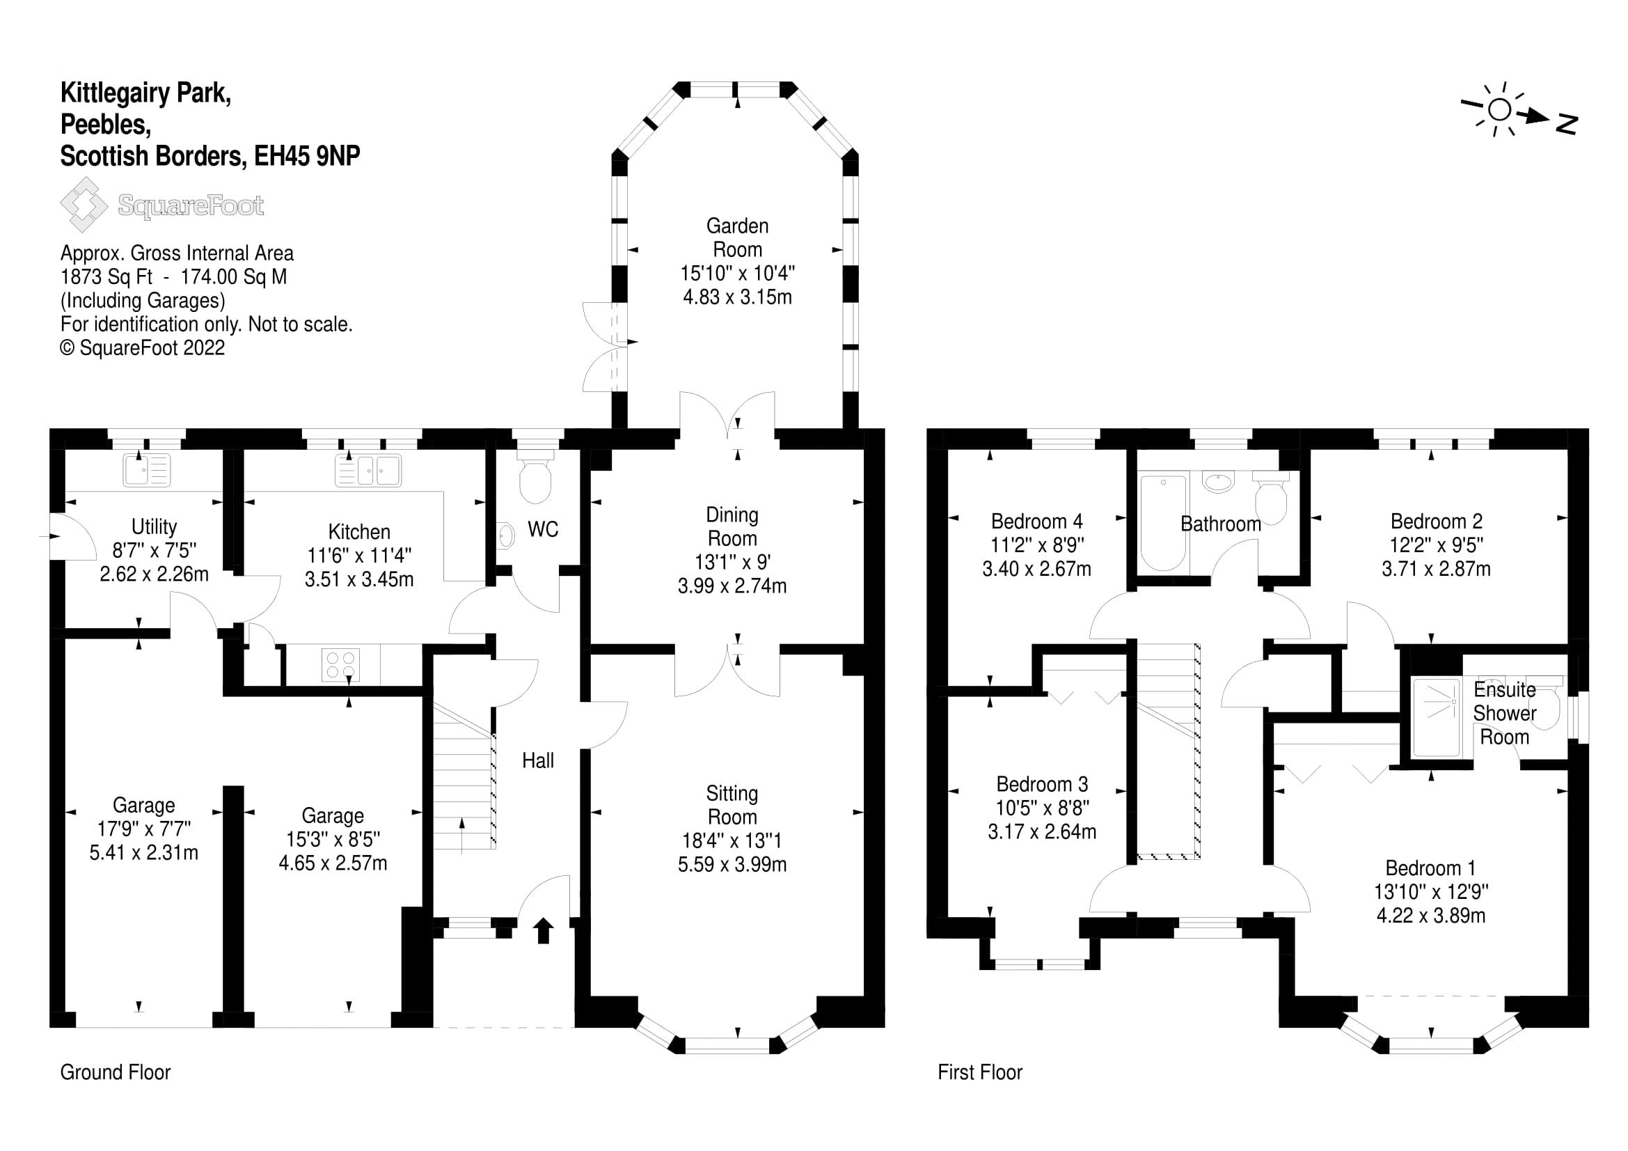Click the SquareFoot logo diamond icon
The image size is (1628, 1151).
point(84,204)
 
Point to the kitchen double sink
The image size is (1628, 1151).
point(368,470)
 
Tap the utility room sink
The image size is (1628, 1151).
point(147,469)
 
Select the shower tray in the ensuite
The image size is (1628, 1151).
point(1437,718)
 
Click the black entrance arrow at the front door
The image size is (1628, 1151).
point(544,930)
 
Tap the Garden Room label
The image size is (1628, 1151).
point(737,237)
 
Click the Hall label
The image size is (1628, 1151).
point(538,760)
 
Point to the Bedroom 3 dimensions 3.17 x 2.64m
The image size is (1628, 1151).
point(1043,831)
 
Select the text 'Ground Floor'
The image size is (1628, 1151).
point(116,1072)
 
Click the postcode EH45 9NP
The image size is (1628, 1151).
point(307,155)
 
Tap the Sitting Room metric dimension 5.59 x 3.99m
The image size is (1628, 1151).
point(732,864)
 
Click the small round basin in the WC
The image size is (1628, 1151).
point(505,535)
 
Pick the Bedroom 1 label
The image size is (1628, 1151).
point(1431,868)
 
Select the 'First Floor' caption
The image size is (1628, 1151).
point(980,1072)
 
